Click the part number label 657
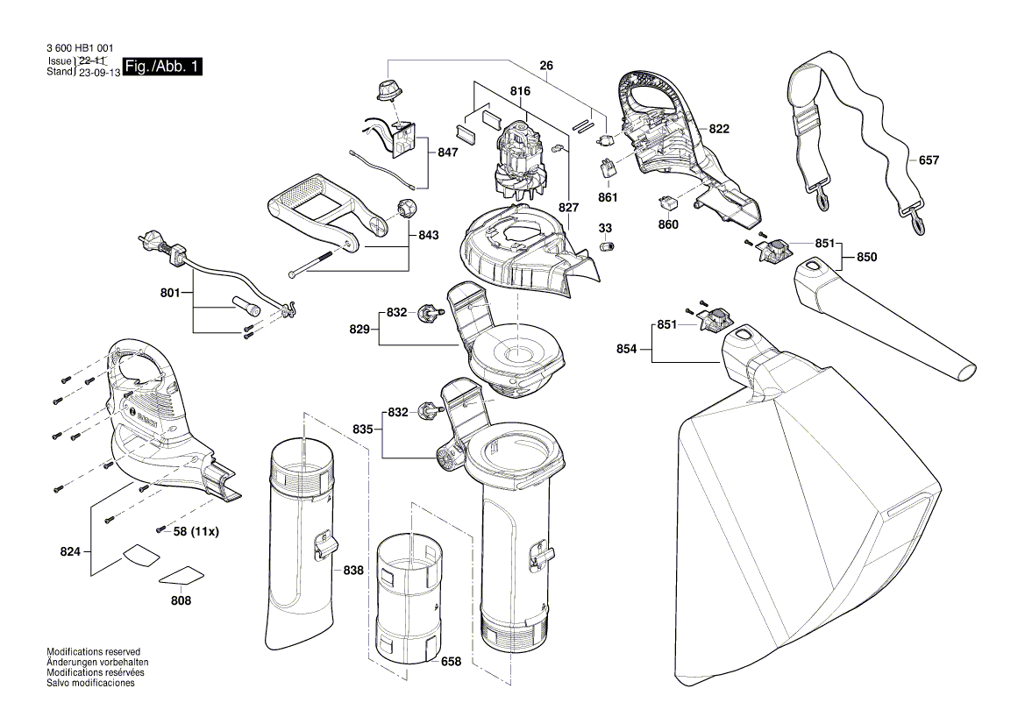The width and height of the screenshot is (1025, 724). [x=929, y=161]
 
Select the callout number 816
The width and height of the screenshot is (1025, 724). [x=520, y=89]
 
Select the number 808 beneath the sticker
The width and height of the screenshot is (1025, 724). [x=182, y=601]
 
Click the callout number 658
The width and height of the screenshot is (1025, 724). [x=450, y=662]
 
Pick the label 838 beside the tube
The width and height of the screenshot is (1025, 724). [x=352, y=571]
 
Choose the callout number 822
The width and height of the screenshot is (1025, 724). [x=719, y=129]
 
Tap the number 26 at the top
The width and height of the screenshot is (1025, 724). [x=546, y=65]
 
